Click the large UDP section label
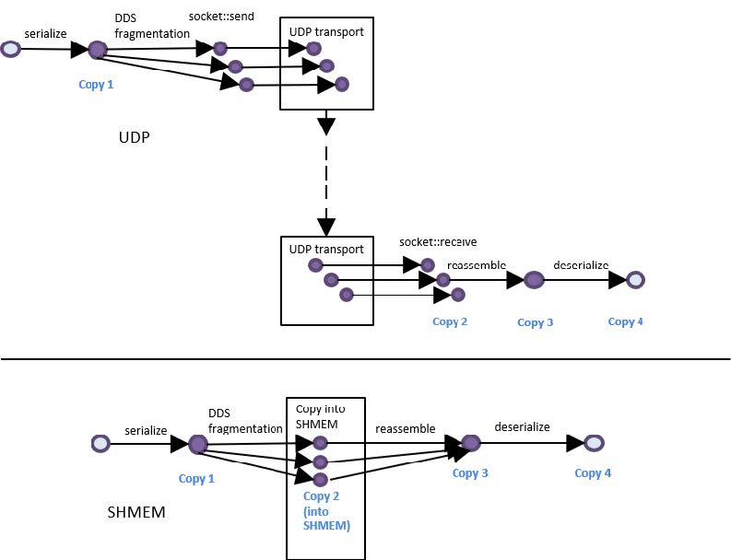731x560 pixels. (134, 137)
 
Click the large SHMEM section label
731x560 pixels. (136, 511)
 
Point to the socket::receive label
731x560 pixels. (438, 242)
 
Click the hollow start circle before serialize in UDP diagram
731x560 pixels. (11, 48)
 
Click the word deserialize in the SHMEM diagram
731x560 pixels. (522, 427)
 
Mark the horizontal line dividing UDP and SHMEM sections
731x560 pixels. (365, 359)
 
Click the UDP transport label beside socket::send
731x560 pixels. (327, 32)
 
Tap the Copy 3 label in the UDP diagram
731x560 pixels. (536, 322)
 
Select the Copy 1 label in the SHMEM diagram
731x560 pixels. (197, 479)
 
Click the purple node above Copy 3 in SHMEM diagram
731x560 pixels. (470, 444)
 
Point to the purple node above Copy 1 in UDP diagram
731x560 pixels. (98, 49)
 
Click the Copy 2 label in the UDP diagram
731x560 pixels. (450, 321)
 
